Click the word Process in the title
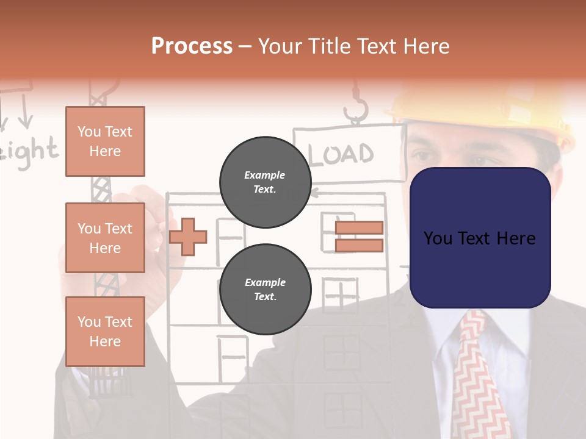coord(192,46)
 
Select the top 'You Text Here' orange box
coord(105,141)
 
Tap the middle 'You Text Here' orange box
coord(105,238)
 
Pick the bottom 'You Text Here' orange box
coord(105,331)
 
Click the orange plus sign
coord(188,235)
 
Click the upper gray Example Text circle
coord(265,182)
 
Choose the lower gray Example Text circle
coord(265,289)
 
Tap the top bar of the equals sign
coord(359,227)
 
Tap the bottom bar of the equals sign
coord(359,245)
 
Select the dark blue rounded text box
coord(480,238)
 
